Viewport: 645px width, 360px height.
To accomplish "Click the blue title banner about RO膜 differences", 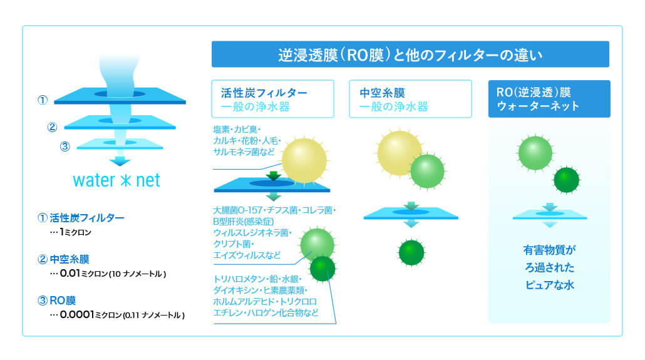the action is click(x=410, y=54).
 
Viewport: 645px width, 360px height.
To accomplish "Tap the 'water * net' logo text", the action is click(x=116, y=180).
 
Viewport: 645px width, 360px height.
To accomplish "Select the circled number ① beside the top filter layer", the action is click(x=43, y=100).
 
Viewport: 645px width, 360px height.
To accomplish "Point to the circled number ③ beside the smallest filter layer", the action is click(x=65, y=147).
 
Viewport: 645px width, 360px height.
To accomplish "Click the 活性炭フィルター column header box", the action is click(x=272, y=99).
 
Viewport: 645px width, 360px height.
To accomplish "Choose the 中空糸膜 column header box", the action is click(x=410, y=99).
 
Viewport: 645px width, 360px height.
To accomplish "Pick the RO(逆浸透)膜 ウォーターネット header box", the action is click(x=549, y=99).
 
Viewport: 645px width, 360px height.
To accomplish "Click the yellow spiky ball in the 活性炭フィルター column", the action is click(x=304, y=160).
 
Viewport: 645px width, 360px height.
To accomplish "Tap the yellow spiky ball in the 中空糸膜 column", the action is click(x=399, y=153).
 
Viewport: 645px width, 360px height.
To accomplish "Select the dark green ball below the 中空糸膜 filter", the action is click(x=411, y=252).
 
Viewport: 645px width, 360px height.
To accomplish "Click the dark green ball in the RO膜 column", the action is click(x=567, y=180).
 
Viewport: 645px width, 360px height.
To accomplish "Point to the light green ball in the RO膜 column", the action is click(x=535, y=153).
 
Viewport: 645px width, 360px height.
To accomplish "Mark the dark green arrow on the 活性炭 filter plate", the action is click(x=273, y=176).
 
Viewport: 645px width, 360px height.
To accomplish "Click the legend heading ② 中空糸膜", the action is click(x=63, y=259).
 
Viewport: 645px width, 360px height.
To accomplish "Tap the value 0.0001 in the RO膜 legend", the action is click(x=77, y=314).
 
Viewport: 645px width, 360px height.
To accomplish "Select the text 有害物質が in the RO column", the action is click(x=550, y=250).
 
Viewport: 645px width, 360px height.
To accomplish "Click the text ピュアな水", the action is click(x=550, y=285).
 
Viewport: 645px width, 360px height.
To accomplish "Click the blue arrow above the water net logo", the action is click(x=120, y=161).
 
